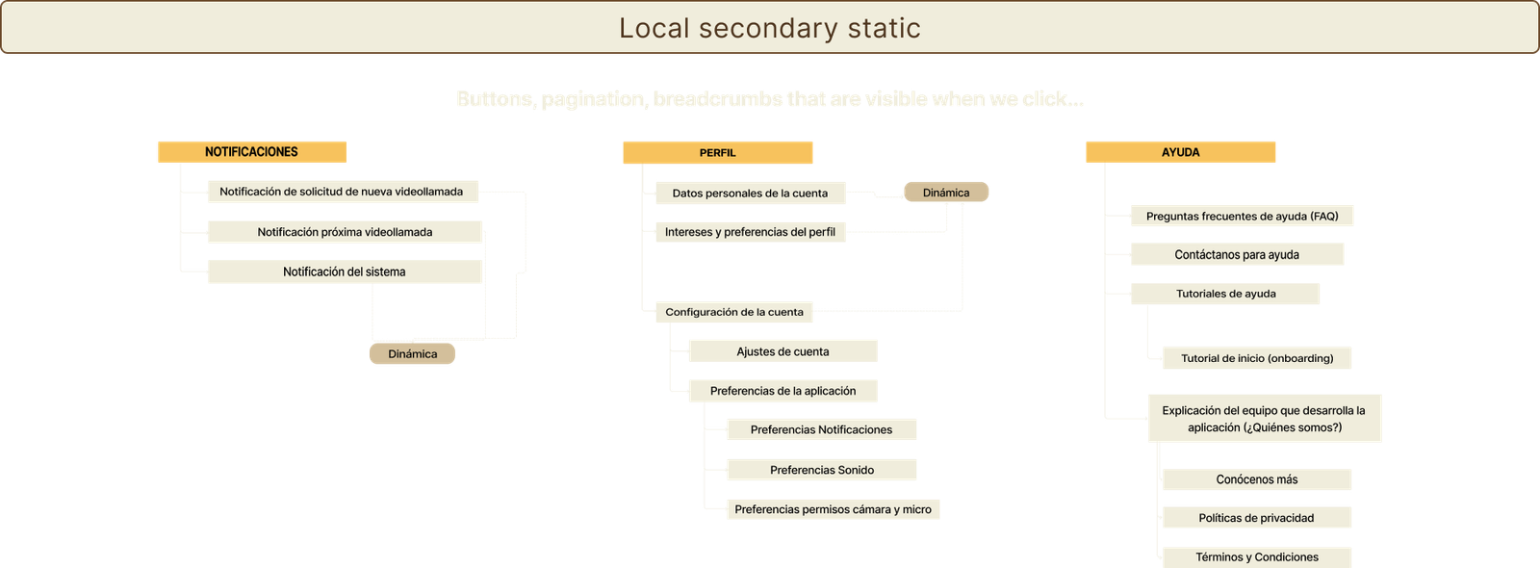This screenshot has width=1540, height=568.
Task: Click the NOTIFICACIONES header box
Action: click(251, 152)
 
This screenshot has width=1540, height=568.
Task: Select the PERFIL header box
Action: click(717, 153)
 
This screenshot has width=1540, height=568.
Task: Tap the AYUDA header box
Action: click(1180, 152)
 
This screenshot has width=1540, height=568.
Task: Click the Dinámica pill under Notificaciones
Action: click(412, 354)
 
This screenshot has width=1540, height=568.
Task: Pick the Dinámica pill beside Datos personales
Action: click(946, 193)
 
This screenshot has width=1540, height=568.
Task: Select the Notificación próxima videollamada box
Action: click(345, 232)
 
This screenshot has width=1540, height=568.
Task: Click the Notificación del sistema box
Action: click(345, 271)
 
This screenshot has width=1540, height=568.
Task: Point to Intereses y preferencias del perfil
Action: click(750, 232)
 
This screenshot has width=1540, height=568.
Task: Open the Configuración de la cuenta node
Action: click(733, 312)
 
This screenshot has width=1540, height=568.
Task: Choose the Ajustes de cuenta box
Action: click(783, 351)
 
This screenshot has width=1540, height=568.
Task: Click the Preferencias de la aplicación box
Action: click(783, 391)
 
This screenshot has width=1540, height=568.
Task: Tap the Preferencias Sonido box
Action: click(822, 470)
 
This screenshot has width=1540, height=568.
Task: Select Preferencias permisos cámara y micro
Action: click(833, 509)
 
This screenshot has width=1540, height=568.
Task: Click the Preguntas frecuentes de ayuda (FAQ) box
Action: click(1242, 217)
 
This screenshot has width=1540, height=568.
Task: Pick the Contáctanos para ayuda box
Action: click(1237, 255)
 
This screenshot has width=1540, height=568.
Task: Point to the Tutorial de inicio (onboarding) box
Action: click(1257, 358)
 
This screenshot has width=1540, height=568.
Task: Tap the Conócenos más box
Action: click(1257, 479)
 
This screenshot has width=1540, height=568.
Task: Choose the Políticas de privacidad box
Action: click(1257, 518)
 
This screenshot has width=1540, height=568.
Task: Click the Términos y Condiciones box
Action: click(1257, 556)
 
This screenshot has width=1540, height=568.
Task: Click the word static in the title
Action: click(884, 28)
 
